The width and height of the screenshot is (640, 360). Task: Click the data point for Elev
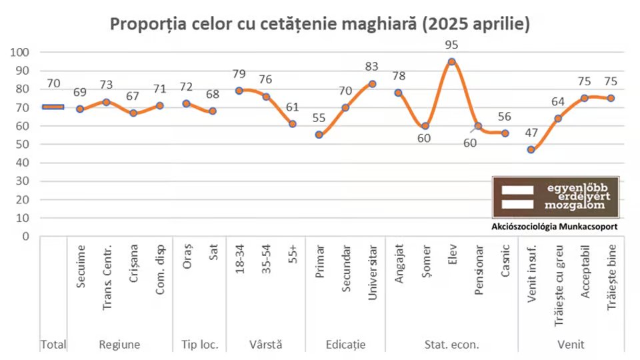(x=451, y=61)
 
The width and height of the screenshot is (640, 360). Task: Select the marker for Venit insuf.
(x=531, y=149)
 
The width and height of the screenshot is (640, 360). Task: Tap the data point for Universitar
(x=372, y=84)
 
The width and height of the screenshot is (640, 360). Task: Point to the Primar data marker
(x=319, y=135)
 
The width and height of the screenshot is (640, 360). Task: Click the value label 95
(x=451, y=45)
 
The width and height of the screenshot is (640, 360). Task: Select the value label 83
(x=372, y=67)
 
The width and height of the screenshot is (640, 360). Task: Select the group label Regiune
(x=119, y=345)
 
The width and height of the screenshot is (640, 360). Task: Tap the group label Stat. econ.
(x=451, y=345)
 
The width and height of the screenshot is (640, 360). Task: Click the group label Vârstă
(x=265, y=345)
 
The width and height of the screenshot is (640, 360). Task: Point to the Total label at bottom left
(x=53, y=345)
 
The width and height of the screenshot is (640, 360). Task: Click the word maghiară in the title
(x=376, y=25)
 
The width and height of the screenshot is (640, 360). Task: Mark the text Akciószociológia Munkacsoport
(x=554, y=227)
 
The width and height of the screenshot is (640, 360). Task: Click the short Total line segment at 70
(x=53, y=107)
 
